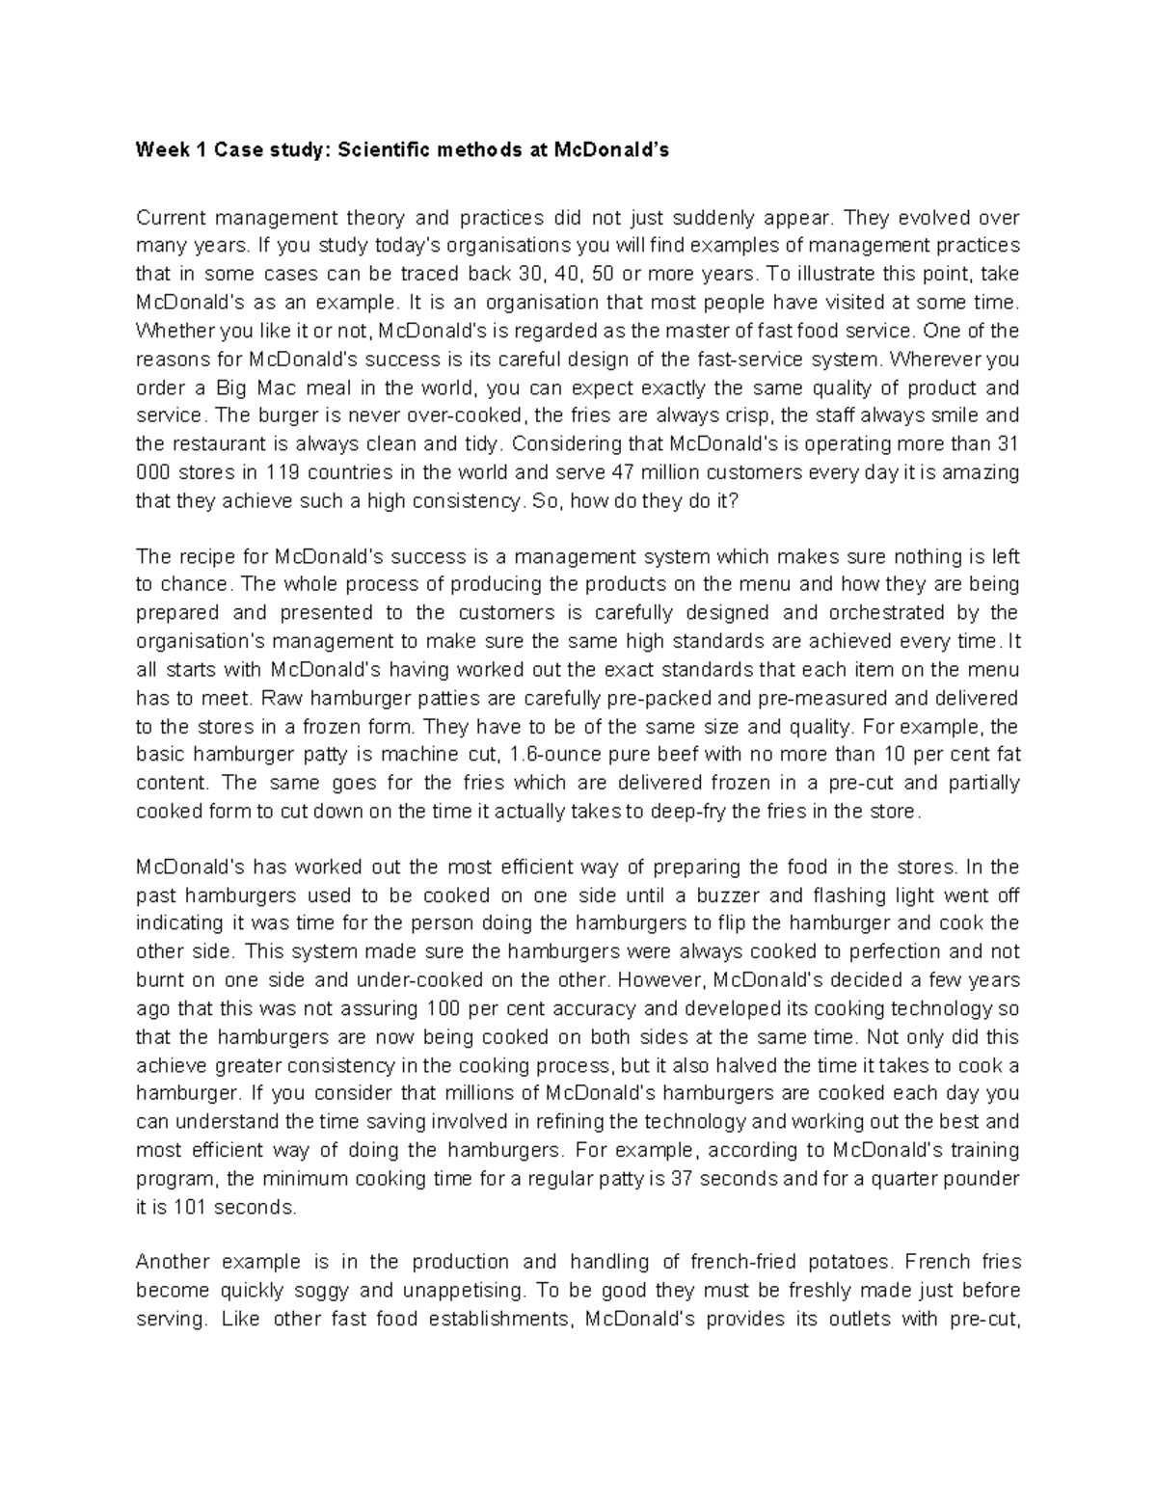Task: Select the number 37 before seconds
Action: [x=681, y=1179]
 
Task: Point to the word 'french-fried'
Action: [x=740, y=1263]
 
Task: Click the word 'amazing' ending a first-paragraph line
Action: [x=982, y=472]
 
